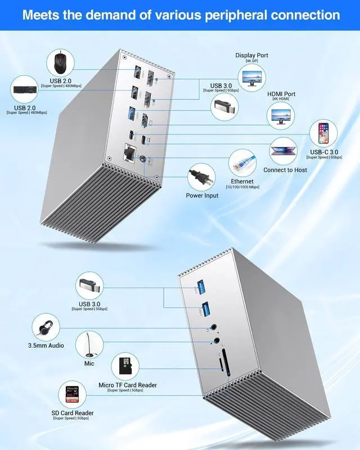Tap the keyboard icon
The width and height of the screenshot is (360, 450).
pos(28,90)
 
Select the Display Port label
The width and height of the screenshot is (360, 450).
pos(252,55)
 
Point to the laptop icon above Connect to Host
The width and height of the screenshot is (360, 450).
pos(285,149)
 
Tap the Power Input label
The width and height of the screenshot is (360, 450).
pos(202,196)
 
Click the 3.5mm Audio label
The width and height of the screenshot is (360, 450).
pos(46,345)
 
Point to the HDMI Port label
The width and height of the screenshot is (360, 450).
pos(283,94)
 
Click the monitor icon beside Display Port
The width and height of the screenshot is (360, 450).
pos(253,77)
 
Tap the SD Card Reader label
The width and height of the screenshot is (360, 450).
pos(72,413)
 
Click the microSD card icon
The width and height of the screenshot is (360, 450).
pos(126,367)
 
